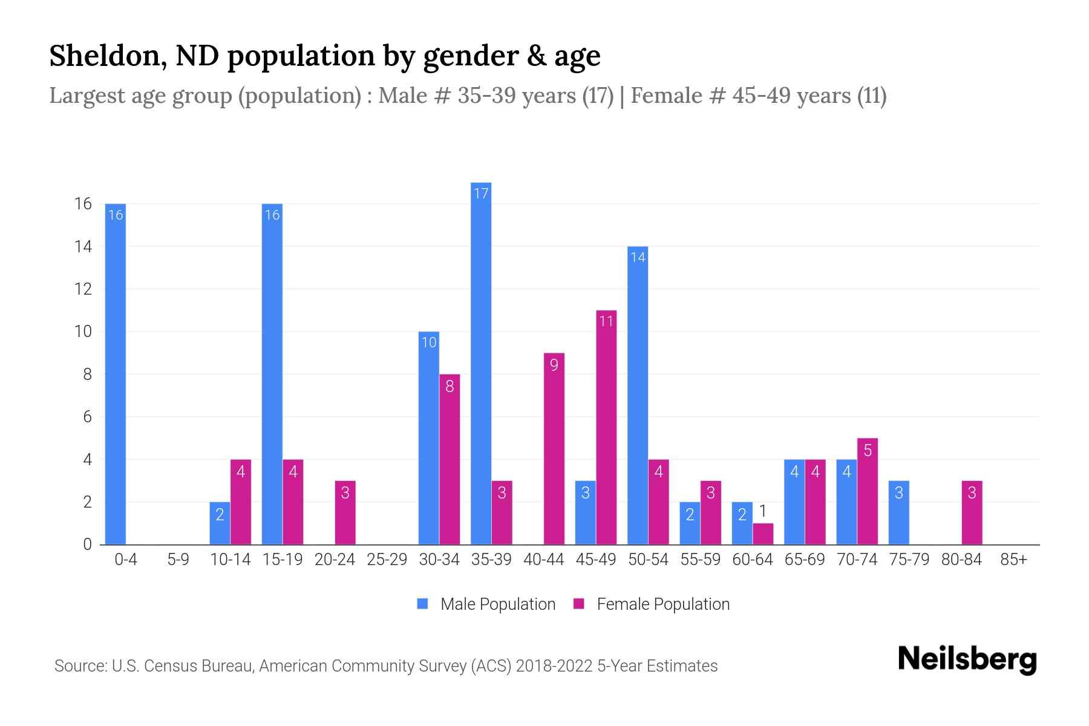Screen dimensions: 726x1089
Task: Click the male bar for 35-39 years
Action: (x=481, y=363)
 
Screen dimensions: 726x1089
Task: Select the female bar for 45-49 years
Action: (x=606, y=427)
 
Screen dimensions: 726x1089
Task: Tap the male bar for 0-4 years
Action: (x=115, y=374)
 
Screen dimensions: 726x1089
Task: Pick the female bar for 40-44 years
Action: (x=554, y=448)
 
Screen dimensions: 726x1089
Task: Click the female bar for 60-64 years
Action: (x=763, y=534)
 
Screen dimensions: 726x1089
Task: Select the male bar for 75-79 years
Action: (x=898, y=512)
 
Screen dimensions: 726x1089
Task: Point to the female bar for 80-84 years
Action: (x=972, y=512)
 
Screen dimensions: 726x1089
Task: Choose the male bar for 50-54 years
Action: (x=638, y=395)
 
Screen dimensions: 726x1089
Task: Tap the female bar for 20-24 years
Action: (x=345, y=512)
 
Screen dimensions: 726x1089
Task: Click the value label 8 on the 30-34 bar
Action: (x=450, y=386)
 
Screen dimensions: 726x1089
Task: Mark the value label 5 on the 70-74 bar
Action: (x=868, y=450)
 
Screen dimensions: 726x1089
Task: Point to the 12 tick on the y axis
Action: (x=83, y=289)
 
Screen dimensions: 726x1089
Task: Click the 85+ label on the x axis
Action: (x=1013, y=560)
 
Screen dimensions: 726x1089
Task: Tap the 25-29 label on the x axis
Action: (x=387, y=560)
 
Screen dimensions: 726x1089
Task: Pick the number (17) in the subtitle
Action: (x=598, y=96)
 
